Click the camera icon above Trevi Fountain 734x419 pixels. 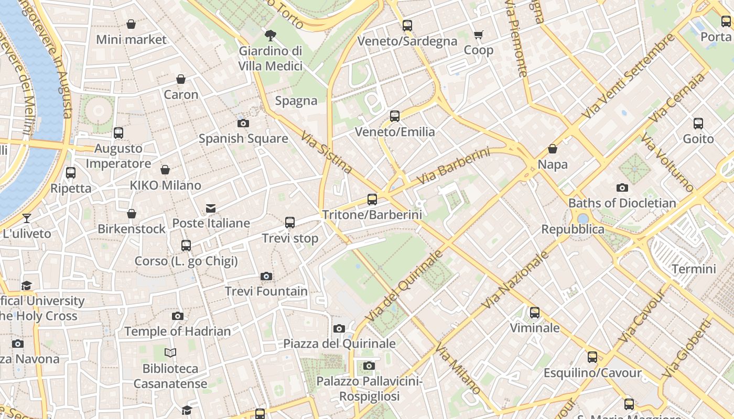point(266,276)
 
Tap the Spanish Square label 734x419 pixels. point(243,139)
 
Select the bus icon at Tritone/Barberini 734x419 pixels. point(372,199)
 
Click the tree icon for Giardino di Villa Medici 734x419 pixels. point(271,36)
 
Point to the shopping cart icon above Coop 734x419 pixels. point(478,35)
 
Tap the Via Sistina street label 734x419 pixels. point(327,152)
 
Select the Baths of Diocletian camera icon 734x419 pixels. point(622,188)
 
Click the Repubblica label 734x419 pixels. point(573,229)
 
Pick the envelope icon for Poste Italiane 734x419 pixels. point(211,208)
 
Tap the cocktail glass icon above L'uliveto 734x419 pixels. point(27,218)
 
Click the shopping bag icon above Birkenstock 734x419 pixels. point(132,214)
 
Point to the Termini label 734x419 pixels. point(694,269)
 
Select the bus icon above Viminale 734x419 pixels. point(535,313)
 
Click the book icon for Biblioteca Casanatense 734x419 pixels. point(170,353)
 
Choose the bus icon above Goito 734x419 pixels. point(698,124)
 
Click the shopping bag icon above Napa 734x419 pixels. point(553,149)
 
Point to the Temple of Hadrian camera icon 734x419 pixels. point(178,316)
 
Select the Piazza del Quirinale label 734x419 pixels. point(339,344)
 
